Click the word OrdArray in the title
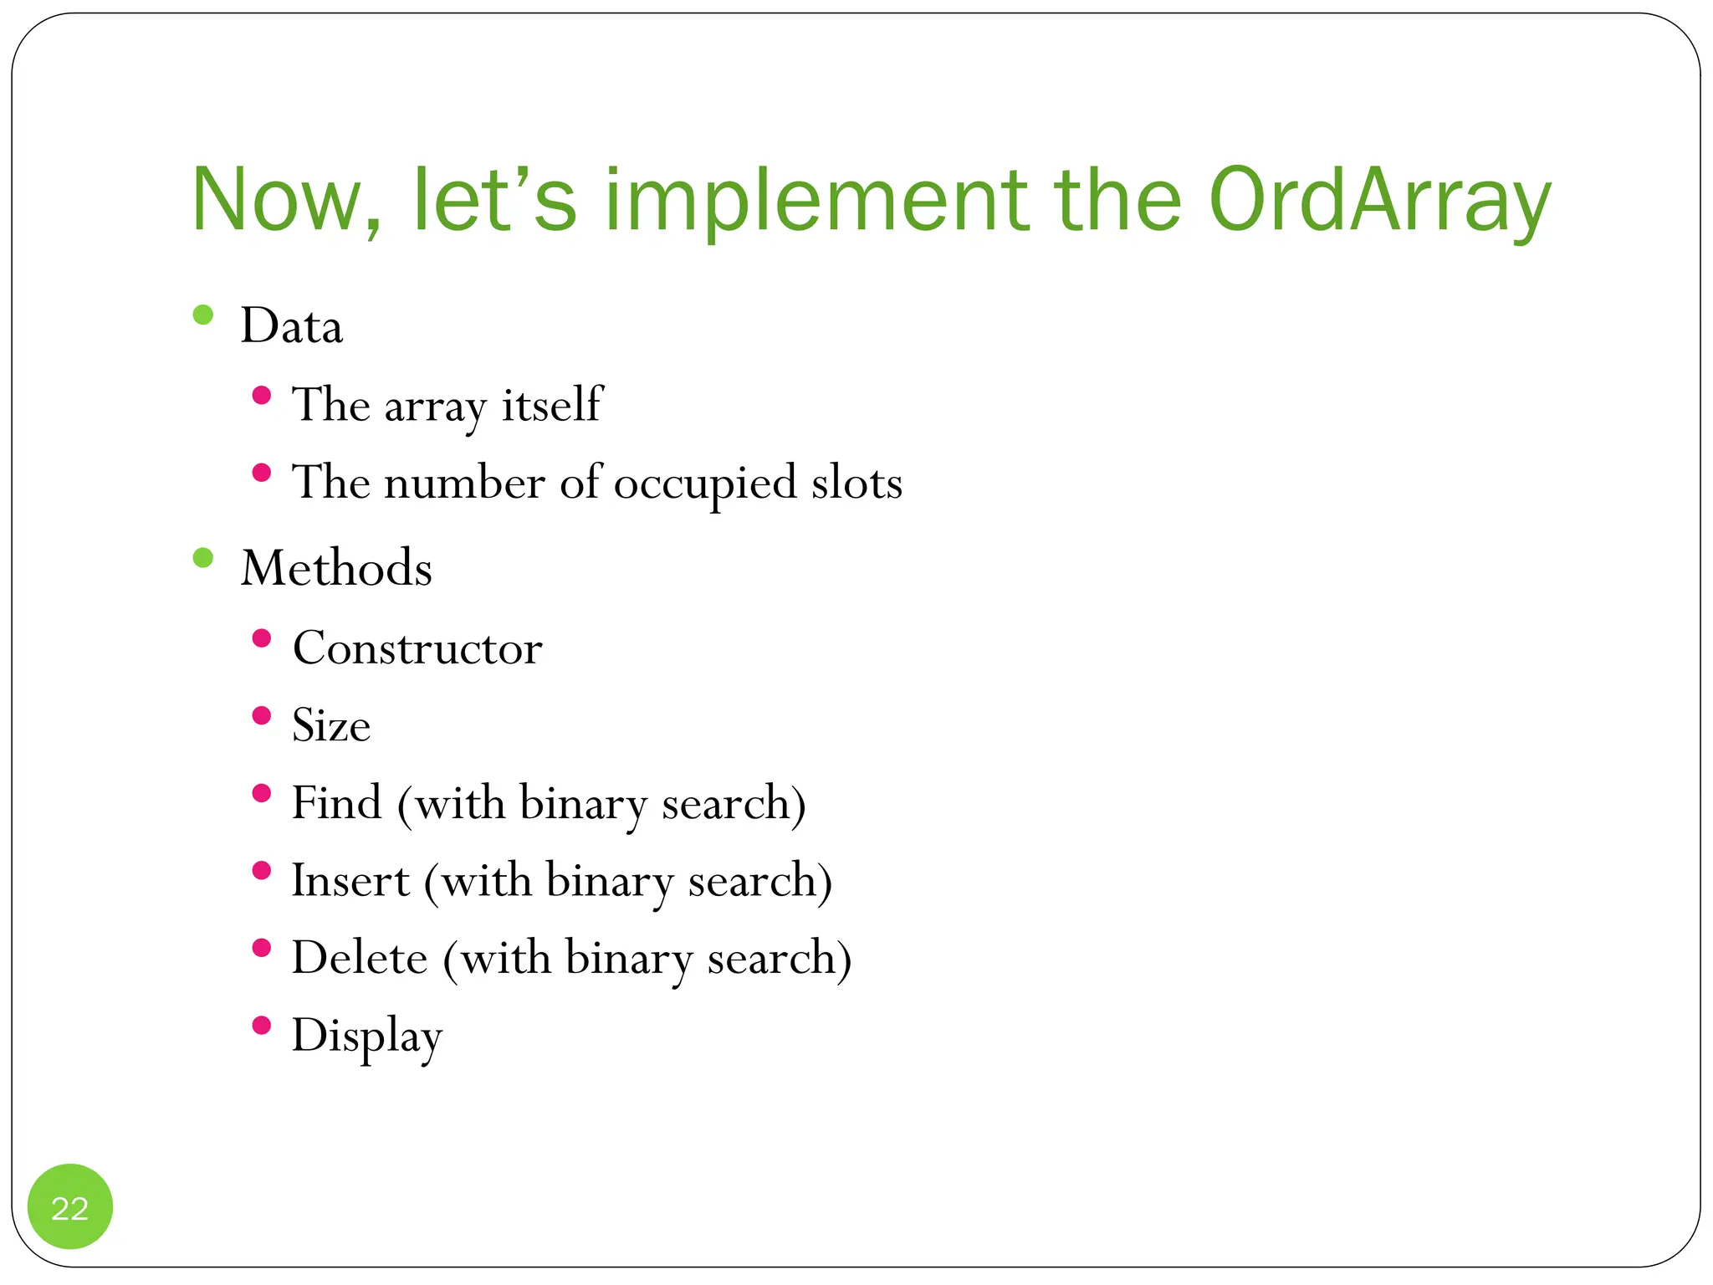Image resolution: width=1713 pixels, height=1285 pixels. tap(1379, 201)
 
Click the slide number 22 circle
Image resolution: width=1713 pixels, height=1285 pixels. tap(70, 1207)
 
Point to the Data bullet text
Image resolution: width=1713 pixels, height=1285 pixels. tap(291, 325)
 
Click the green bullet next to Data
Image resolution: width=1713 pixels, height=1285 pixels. tap(203, 315)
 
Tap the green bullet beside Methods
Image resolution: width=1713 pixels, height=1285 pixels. tap(203, 557)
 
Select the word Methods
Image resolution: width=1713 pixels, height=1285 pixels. tap(336, 568)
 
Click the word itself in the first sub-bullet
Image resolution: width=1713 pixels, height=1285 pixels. tap(551, 405)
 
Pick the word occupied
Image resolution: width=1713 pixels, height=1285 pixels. tap(705, 484)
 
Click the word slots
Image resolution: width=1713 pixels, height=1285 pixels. tap(856, 483)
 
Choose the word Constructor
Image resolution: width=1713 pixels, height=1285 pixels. tap(417, 648)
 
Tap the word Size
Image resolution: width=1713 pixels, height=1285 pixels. tap(330, 725)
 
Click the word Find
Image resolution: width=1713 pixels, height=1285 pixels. tap(336, 803)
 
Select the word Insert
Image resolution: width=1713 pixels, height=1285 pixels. tap(350, 880)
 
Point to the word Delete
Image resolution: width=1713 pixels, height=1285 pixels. tap(359, 958)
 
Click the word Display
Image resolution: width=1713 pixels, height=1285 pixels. tap(366, 1037)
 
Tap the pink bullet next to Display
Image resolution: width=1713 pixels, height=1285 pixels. tap(262, 1025)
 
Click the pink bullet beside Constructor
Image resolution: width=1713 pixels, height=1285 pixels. tap(262, 638)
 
